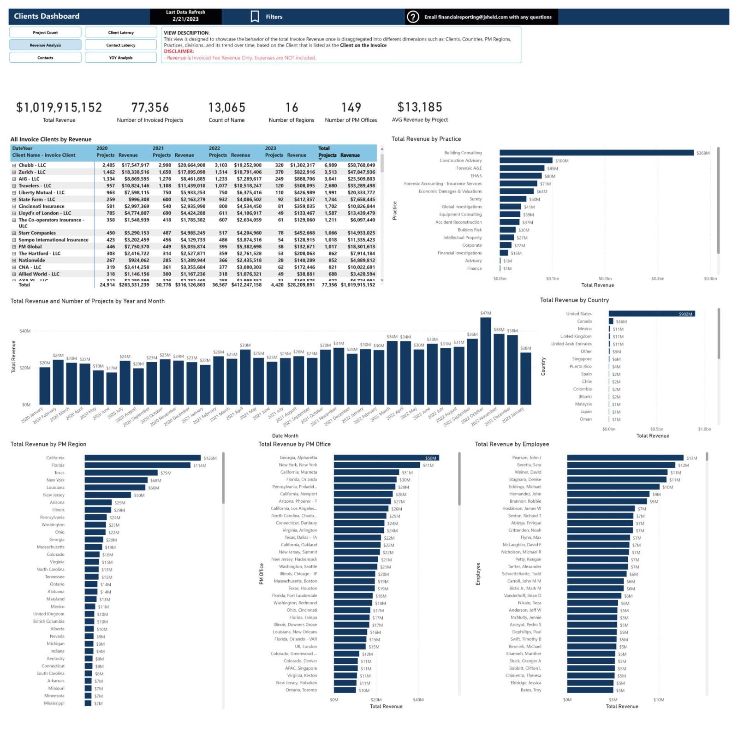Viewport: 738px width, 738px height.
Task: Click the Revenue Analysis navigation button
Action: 45,45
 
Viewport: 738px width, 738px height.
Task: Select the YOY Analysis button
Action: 121,58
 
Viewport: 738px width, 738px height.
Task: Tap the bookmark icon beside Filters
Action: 255,17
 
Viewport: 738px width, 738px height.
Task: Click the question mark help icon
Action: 412,17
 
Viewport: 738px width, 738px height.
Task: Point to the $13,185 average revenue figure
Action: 420,107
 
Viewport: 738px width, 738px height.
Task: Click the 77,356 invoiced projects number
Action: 150,108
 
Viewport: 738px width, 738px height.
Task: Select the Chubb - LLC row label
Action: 32,165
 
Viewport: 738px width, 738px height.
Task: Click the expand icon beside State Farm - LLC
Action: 14,200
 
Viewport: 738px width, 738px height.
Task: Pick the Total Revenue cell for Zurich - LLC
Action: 361,172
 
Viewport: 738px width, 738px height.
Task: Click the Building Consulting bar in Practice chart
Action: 596,153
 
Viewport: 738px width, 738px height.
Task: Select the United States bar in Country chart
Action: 651,314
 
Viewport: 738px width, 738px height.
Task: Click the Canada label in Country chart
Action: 584,321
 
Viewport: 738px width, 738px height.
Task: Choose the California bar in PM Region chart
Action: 143,458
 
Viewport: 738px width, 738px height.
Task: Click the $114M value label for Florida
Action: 200,466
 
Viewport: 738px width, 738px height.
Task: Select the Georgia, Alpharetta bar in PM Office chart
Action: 386,458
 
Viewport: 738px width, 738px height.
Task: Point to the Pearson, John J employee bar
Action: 625,458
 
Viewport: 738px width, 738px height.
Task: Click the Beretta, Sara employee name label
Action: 529,465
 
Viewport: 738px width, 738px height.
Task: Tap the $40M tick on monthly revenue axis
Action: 25,331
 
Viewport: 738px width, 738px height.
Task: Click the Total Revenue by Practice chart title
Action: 426,139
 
